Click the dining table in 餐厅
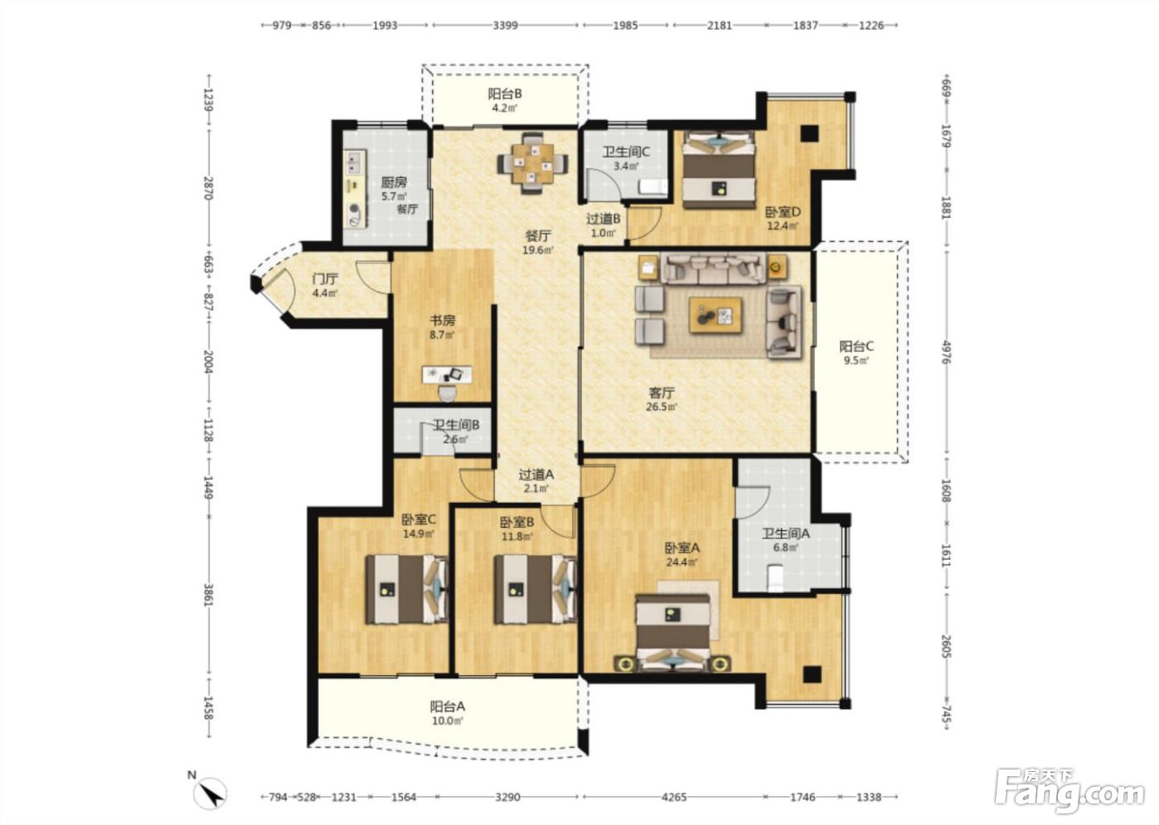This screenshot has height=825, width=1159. pyautogui.click(x=532, y=163)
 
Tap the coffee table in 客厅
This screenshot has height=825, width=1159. pyautogui.click(x=715, y=316)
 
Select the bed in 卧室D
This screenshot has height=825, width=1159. pyautogui.click(x=719, y=170)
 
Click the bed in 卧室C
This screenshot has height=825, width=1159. pyautogui.click(x=406, y=589)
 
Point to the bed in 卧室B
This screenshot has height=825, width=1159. pyautogui.click(x=535, y=589)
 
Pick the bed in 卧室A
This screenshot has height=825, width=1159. pyautogui.click(x=672, y=634)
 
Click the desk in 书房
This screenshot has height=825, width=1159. pyautogui.click(x=447, y=374)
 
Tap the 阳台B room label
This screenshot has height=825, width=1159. pyautogui.click(x=504, y=94)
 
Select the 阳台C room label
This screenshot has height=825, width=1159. pyautogui.click(x=856, y=346)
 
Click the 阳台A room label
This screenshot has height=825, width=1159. pyautogui.click(x=448, y=706)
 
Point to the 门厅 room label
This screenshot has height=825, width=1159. pyautogui.click(x=325, y=279)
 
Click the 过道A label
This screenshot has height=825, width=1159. pyautogui.click(x=536, y=474)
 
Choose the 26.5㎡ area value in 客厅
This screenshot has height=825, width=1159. pyautogui.click(x=661, y=407)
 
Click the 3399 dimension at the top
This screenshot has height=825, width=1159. pyautogui.click(x=505, y=25)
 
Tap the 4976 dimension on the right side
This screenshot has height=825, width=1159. pyautogui.click(x=946, y=352)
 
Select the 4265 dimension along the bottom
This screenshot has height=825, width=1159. pyautogui.click(x=674, y=797)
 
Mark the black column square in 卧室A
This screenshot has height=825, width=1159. pyautogui.click(x=812, y=674)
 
